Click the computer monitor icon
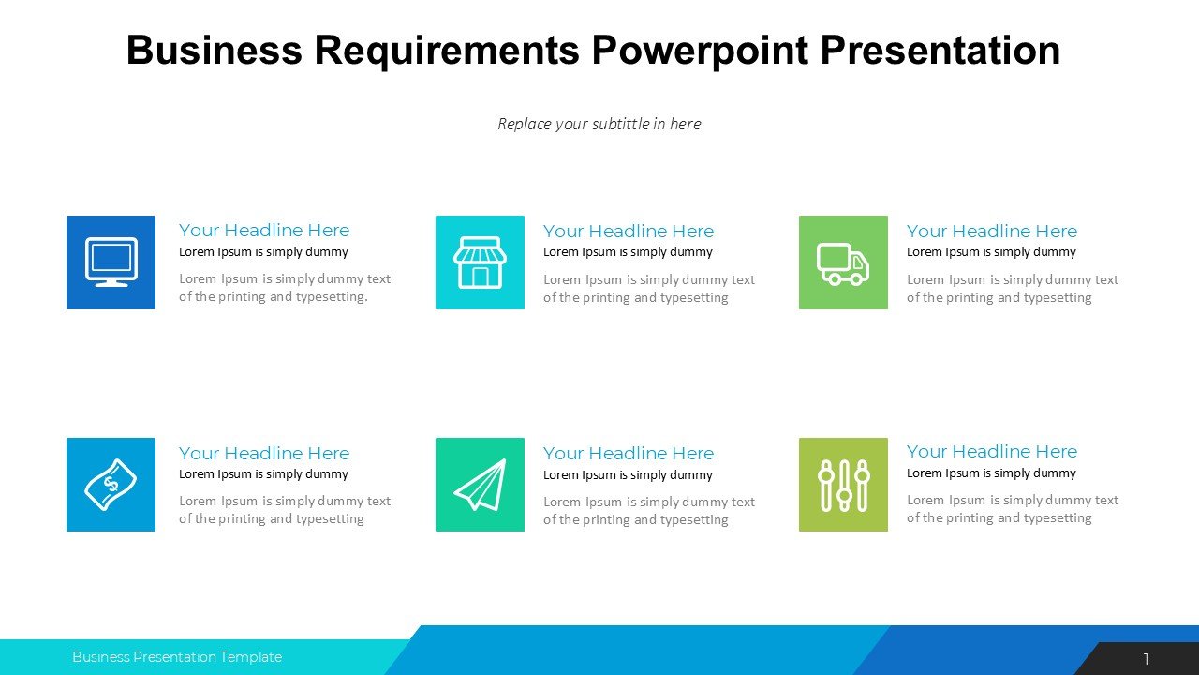[x=111, y=262]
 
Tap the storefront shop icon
[x=480, y=262]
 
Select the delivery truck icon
[x=843, y=263]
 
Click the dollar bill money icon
[x=111, y=485]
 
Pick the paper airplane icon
[x=480, y=485]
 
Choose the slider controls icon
[x=843, y=485]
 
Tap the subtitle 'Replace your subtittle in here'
[x=599, y=124]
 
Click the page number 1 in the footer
[x=1147, y=660]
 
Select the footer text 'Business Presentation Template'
[x=177, y=657]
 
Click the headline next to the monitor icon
[x=264, y=231]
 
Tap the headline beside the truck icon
[x=992, y=232]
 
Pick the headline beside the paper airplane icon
[x=629, y=454]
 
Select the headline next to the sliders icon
[x=992, y=452]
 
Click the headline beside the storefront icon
[x=629, y=232]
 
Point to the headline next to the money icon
[x=264, y=454]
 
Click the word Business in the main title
[x=214, y=51]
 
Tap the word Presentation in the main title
[x=940, y=51]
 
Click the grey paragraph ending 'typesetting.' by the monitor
[x=285, y=288]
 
